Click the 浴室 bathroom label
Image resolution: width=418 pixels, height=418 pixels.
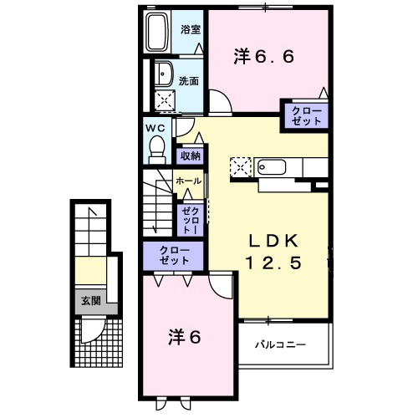coord(191,29)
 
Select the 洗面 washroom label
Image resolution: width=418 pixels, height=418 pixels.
coord(190,82)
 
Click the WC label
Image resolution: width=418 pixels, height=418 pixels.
coord(155,127)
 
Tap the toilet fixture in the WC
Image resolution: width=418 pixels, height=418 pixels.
coord(155,149)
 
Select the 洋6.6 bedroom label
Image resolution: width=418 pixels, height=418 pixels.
coord(264,57)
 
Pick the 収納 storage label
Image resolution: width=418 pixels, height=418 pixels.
coord(191,156)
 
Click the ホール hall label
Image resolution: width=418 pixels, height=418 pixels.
coord(187,181)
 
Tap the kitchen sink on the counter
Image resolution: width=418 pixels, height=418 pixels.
coord(272,166)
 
